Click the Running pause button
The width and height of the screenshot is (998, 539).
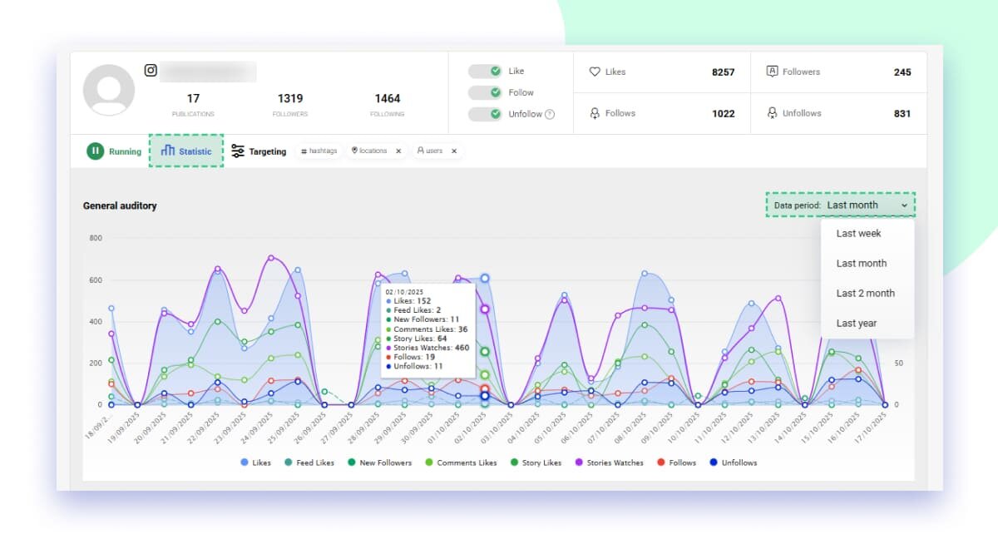[x=95, y=151]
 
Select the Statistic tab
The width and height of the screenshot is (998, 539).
[x=186, y=151]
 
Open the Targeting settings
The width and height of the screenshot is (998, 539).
[x=259, y=151]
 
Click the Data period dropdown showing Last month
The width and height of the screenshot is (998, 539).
[x=840, y=205]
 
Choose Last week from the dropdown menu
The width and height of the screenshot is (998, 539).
[x=858, y=234]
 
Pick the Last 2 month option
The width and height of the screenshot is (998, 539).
[x=865, y=294]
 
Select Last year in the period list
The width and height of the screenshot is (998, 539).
[x=856, y=324]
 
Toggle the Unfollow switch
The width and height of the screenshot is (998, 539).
[x=484, y=114]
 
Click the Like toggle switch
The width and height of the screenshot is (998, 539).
[x=484, y=72]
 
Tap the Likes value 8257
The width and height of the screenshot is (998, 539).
[x=723, y=72]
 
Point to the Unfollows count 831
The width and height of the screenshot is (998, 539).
[x=902, y=114]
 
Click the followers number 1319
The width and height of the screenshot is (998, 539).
[x=290, y=98]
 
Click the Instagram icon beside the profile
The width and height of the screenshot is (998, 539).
[x=151, y=71]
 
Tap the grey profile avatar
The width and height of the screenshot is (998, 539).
[x=109, y=90]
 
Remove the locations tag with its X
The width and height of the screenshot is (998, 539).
[x=398, y=151]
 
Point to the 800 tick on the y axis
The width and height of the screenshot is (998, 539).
[x=96, y=238]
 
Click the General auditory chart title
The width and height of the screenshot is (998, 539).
[x=120, y=205]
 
